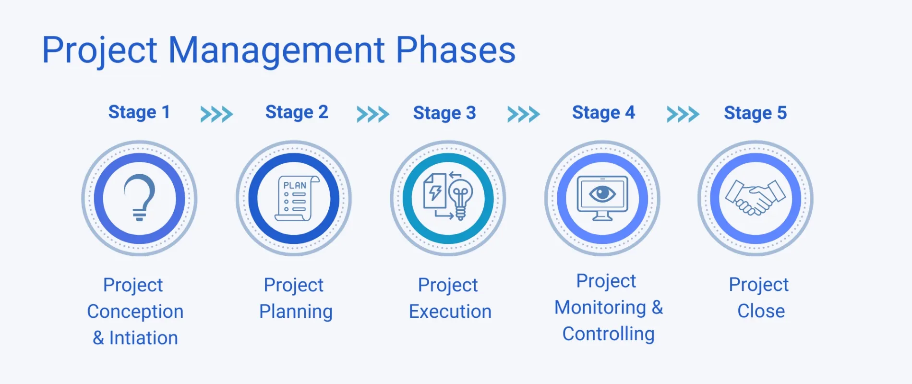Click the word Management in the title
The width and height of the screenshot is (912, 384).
point(276,50)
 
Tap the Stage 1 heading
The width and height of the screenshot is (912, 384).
point(139,112)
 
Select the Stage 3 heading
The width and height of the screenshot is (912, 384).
point(444,113)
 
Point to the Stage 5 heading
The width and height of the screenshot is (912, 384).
point(755,113)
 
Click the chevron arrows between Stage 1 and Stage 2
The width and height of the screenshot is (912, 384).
point(216,114)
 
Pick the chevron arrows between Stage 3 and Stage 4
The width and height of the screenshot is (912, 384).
point(523,114)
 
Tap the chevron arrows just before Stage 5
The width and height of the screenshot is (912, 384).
point(683,114)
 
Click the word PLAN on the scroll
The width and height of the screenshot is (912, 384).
point(295,185)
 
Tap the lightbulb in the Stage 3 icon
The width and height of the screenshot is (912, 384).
point(461,197)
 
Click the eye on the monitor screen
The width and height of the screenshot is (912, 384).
point(602,194)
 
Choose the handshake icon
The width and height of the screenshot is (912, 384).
point(755,197)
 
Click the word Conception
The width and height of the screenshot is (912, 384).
point(135,312)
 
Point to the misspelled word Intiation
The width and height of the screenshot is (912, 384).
point(144,338)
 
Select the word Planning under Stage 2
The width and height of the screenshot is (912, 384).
point(296,312)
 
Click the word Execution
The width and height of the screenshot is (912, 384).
point(450,312)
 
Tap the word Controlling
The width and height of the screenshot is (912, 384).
point(608,334)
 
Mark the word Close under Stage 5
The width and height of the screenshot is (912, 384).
point(761,311)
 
